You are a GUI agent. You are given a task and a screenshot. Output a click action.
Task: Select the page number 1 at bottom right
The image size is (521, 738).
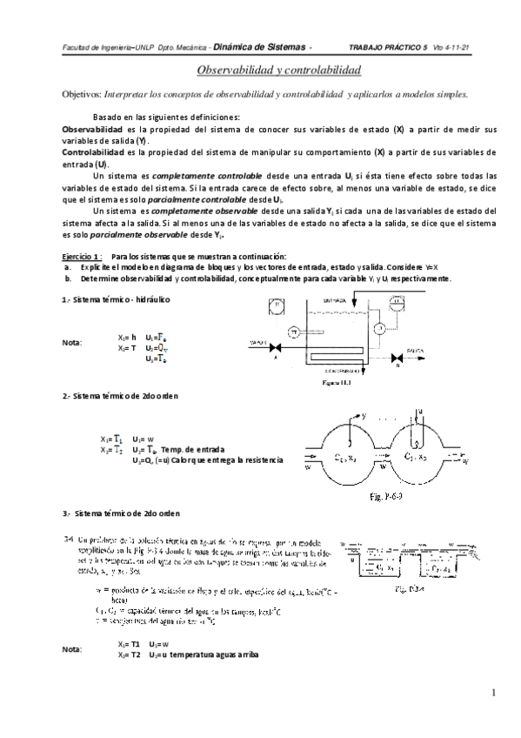[x=492, y=693]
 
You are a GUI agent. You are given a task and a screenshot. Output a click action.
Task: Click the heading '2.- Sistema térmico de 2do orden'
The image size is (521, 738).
[x=120, y=396]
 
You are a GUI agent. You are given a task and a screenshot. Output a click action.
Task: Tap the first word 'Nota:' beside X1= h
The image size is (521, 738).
[x=71, y=343]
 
